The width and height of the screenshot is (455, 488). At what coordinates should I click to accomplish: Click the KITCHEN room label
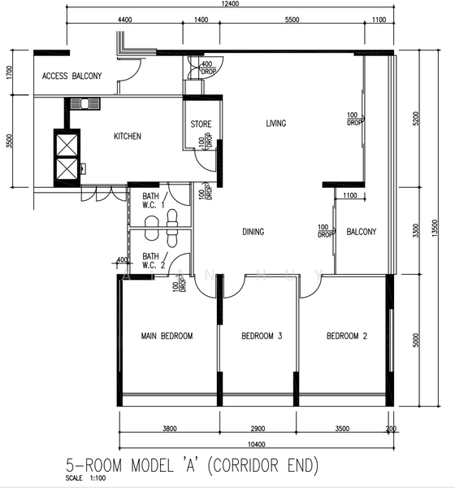click(x=128, y=137)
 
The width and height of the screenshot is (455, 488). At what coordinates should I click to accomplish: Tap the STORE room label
click(x=201, y=124)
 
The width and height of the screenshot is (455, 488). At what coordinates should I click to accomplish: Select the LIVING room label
click(x=276, y=124)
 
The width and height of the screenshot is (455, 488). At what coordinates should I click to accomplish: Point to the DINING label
click(x=253, y=232)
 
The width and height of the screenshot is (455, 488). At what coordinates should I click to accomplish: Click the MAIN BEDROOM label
click(x=167, y=336)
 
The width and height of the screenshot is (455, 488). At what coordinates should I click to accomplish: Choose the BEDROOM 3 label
click(x=262, y=336)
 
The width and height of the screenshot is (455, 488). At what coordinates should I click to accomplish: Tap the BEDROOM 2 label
click(x=347, y=336)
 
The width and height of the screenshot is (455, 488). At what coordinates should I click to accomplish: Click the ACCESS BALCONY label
click(x=71, y=76)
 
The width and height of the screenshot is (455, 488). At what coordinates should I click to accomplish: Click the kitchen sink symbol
click(x=84, y=103)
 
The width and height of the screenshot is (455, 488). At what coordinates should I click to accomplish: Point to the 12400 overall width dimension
click(x=230, y=4)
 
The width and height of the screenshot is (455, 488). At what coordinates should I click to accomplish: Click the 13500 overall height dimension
click(x=435, y=228)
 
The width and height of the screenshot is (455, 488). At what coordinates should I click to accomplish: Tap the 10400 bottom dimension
click(x=257, y=444)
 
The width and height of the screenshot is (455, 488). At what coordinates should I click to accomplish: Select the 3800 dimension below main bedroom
click(x=170, y=429)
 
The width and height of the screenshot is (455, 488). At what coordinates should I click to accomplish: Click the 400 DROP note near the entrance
click(x=207, y=68)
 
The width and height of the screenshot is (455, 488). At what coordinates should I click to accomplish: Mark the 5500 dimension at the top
click(x=292, y=20)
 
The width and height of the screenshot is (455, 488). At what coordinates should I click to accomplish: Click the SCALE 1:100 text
click(x=85, y=478)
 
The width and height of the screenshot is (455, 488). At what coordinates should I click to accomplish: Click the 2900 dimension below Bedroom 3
click(x=258, y=429)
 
